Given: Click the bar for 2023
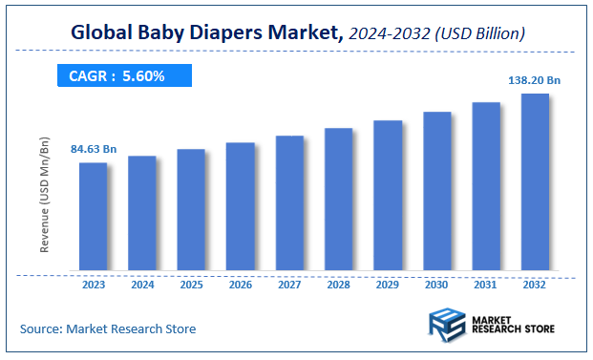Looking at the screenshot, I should pyautogui.click(x=93, y=217).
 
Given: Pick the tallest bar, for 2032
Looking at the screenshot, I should pyautogui.click(x=535, y=182).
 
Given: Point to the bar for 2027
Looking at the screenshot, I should pyautogui.click(x=289, y=203).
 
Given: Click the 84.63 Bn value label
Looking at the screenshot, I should pyautogui.click(x=94, y=149).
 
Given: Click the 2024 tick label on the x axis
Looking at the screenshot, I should pyautogui.click(x=142, y=284).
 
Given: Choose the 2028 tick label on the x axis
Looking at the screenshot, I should pyautogui.click(x=339, y=284).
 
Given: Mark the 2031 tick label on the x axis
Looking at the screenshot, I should pyautogui.click(x=486, y=284).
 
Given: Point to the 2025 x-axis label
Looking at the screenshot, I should pyautogui.click(x=191, y=284).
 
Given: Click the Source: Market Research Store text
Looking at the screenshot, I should pyautogui.click(x=108, y=328).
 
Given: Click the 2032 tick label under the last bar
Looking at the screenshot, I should pyautogui.click(x=535, y=284).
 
